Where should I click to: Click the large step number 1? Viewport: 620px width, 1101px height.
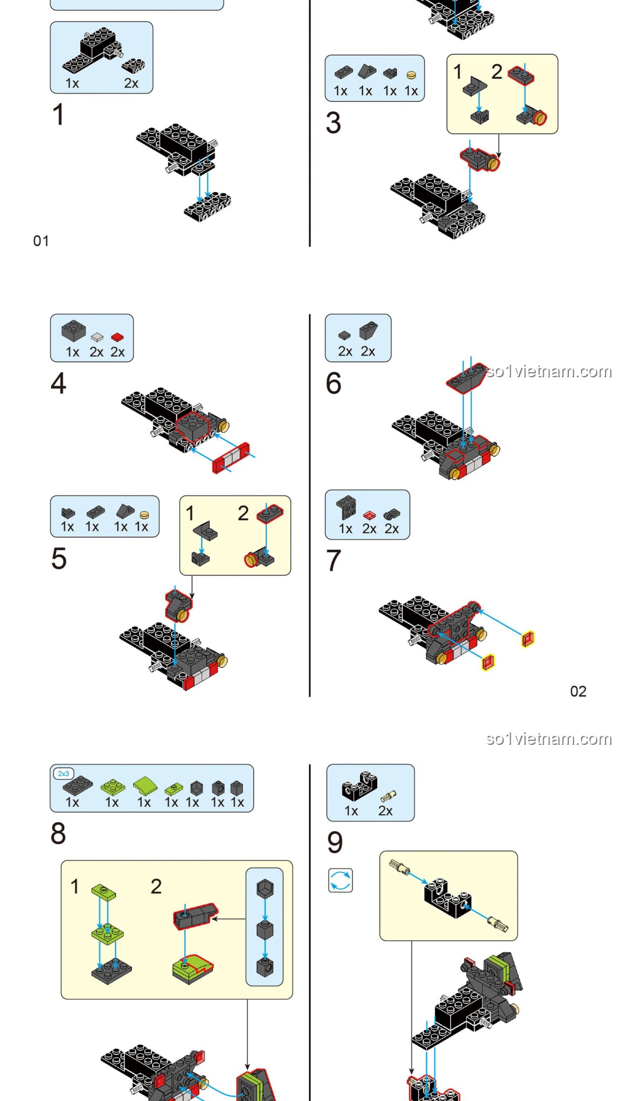click(x=58, y=114)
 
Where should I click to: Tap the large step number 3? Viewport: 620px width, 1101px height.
click(x=333, y=123)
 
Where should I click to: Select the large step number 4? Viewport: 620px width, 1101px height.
click(x=58, y=383)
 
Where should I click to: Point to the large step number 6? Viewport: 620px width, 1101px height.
click(x=334, y=383)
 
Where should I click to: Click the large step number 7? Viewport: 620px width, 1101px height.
click(x=334, y=560)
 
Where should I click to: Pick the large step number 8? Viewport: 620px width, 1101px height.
click(x=58, y=833)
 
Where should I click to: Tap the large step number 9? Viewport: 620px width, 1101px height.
click(x=335, y=842)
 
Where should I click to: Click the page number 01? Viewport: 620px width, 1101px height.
click(x=41, y=241)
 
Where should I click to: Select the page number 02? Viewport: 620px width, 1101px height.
click(x=578, y=692)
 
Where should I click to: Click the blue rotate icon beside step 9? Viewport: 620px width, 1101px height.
click(x=340, y=880)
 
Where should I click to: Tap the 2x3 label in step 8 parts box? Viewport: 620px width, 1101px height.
click(x=63, y=774)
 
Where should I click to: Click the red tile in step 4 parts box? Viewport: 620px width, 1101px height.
click(x=118, y=337)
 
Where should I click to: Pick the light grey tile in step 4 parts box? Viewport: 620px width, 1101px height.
click(x=97, y=337)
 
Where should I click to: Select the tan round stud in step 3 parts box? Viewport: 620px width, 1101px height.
click(x=411, y=75)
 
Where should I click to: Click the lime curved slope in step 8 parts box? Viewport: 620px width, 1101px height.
click(x=145, y=784)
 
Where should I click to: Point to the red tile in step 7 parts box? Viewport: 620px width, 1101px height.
click(x=369, y=514)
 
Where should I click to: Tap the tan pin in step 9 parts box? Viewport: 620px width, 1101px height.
click(x=388, y=796)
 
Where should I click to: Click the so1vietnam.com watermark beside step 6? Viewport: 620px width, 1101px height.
click(x=549, y=372)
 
